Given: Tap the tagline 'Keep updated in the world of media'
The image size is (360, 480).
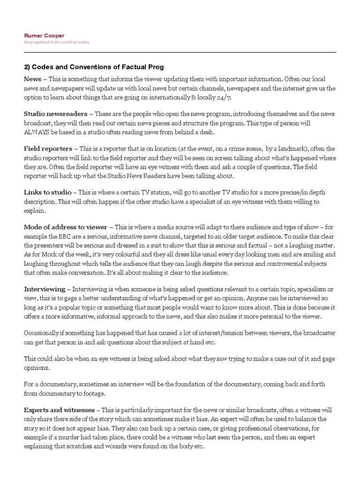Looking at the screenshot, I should (x=57, y=42).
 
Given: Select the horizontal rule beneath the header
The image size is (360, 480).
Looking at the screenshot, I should (x=180, y=52).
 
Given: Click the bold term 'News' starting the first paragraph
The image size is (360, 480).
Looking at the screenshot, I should (x=32, y=79).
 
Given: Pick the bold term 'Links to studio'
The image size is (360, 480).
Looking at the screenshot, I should (x=48, y=193).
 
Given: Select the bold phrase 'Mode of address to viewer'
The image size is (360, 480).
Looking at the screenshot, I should (x=66, y=227).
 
